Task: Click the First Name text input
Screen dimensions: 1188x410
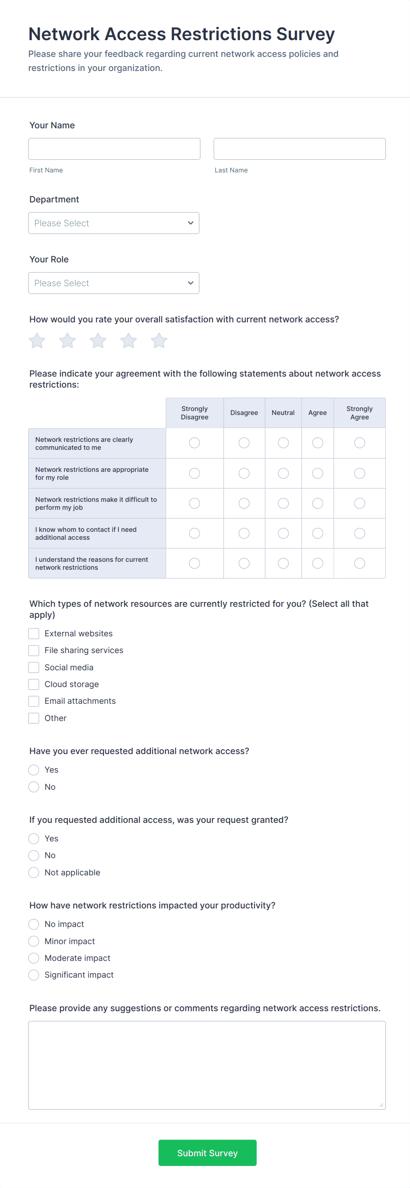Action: tap(114, 149)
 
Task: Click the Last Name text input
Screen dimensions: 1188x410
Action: tap(299, 149)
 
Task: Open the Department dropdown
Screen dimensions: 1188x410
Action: tap(113, 223)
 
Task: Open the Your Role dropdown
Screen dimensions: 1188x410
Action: tap(113, 283)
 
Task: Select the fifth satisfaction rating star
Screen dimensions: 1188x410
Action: tap(159, 341)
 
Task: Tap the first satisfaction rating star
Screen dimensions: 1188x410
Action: tap(37, 341)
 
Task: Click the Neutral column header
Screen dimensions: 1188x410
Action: tap(283, 413)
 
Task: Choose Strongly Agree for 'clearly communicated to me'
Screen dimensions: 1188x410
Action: tap(359, 443)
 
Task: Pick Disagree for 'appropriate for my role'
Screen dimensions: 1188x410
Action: tap(244, 473)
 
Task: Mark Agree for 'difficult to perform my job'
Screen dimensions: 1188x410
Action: tap(317, 503)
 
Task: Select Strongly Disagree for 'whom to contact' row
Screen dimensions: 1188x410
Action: tap(194, 533)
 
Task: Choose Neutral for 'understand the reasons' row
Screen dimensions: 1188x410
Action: tap(283, 563)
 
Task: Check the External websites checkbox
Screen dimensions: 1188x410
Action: tap(34, 634)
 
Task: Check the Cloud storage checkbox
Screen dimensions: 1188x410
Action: tap(34, 684)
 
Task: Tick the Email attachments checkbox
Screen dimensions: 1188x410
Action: tap(34, 701)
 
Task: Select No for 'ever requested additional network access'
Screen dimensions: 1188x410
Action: tap(34, 787)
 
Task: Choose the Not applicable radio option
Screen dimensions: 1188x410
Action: tap(34, 873)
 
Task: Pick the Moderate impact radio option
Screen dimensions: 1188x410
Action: tap(34, 958)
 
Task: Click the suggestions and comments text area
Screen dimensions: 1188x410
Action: tap(207, 1065)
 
